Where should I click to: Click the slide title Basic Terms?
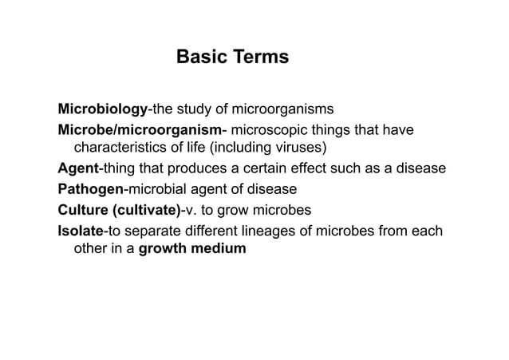(x=232, y=58)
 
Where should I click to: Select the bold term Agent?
(x=78, y=169)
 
